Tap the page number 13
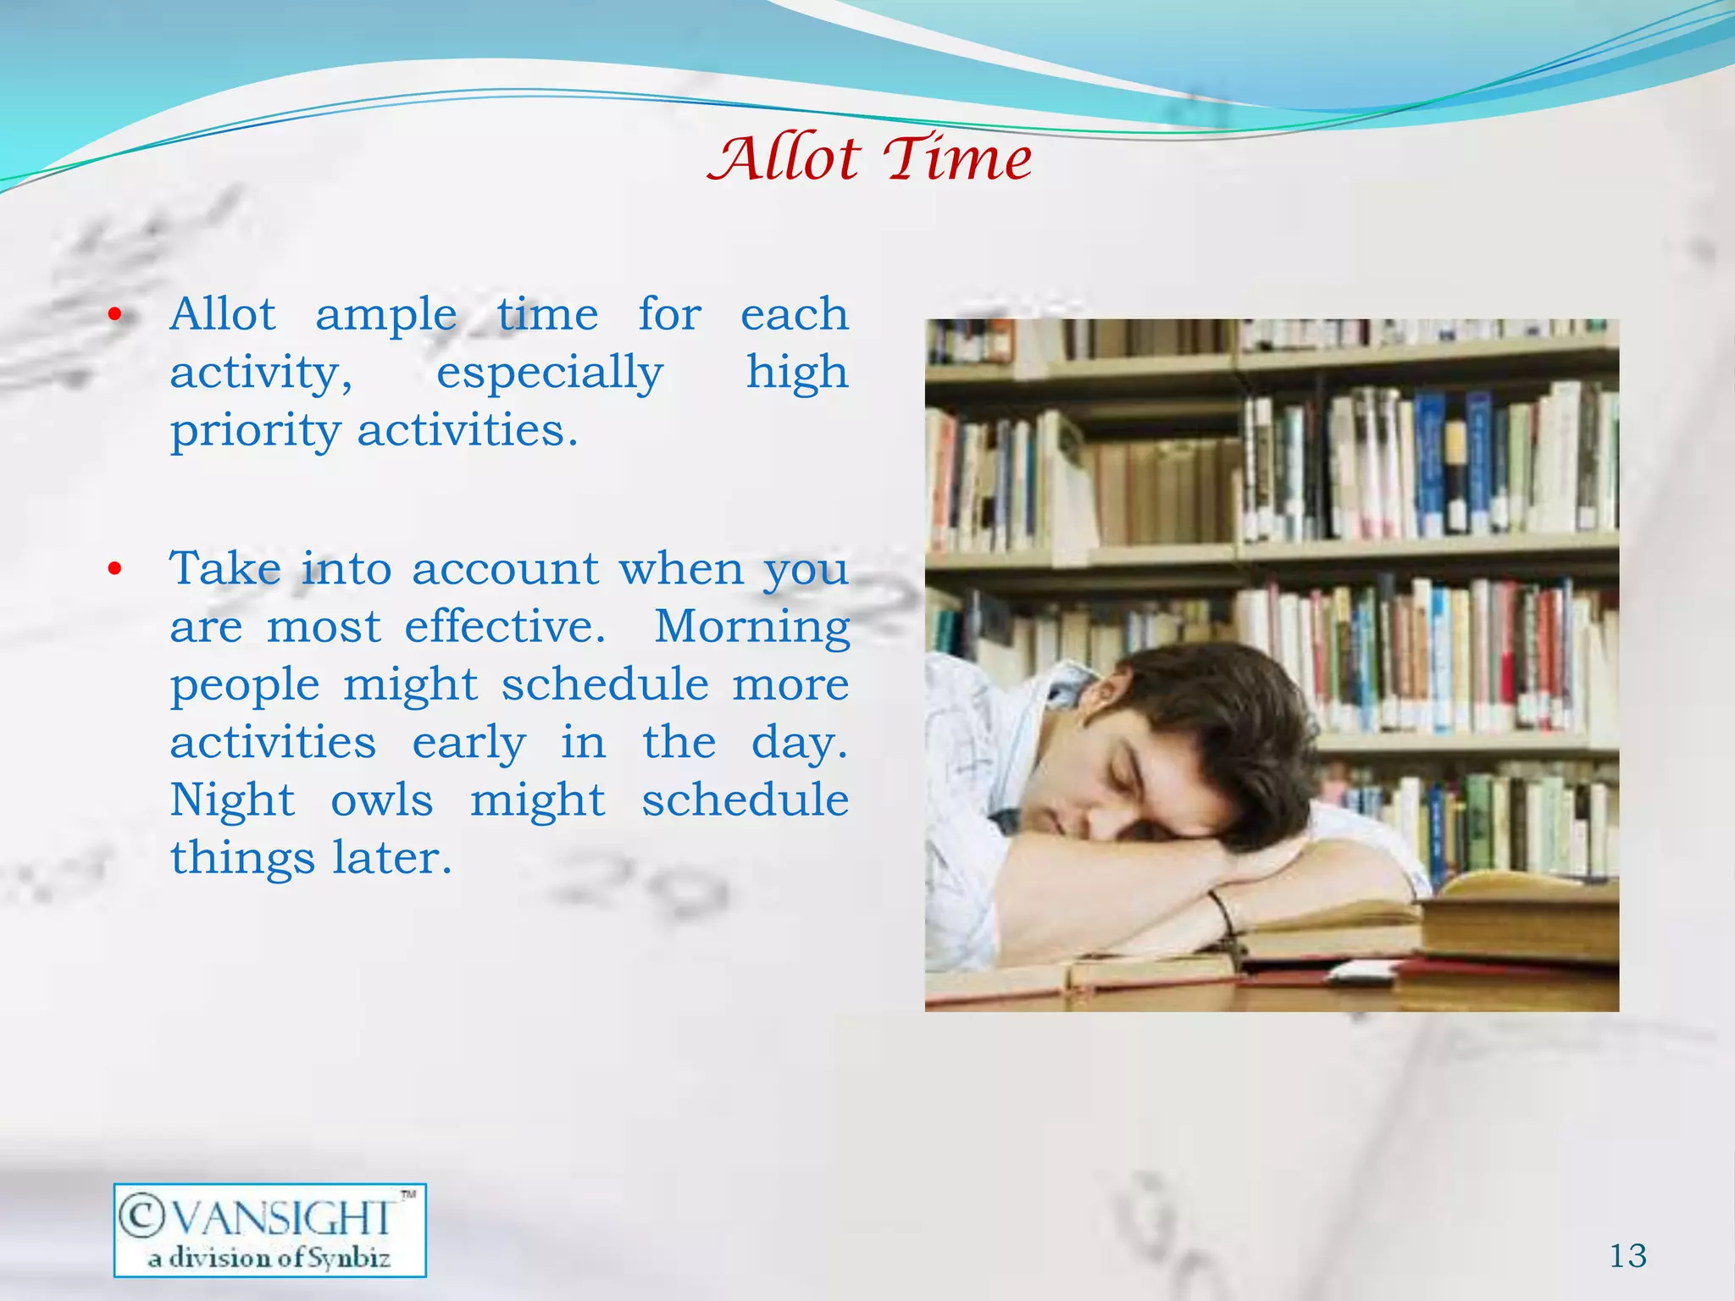click(x=1627, y=1255)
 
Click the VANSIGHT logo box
click(x=269, y=1230)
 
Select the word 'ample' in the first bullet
click(x=386, y=315)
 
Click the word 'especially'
click(x=549, y=373)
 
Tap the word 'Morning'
click(x=751, y=627)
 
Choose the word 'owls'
click(x=381, y=800)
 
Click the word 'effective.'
click(x=505, y=627)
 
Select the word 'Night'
click(x=232, y=800)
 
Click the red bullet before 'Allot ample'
click(x=116, y=316)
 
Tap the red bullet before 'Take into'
click(x=116, y=569)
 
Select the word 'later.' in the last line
click(x=392, y=858)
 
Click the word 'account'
click(x=506, y=569)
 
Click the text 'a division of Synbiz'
click(x=269, y=1258)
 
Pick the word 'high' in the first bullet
click(x=797, y=373)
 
